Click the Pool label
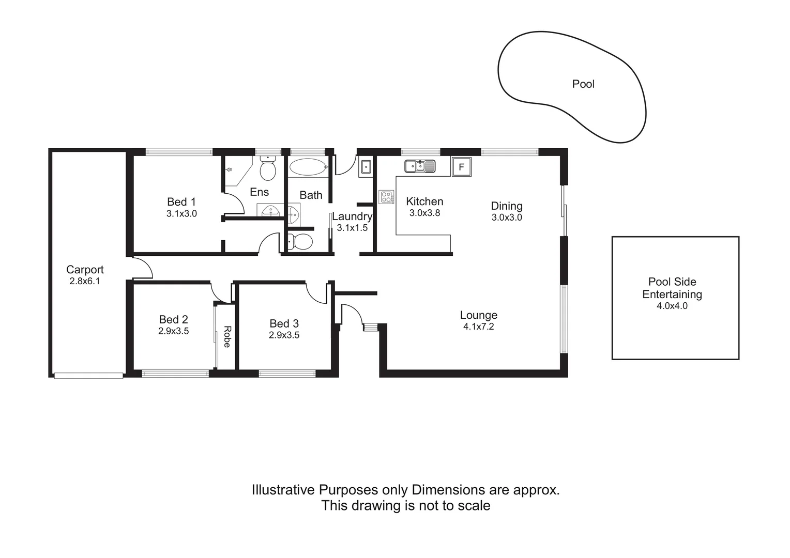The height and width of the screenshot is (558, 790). [583, 84]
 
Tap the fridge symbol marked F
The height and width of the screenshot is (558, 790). [462, 167]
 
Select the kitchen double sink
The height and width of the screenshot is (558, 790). [420, 166]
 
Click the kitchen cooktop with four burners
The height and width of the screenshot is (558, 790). [386, 197]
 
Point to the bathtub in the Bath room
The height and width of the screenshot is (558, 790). [308, 167]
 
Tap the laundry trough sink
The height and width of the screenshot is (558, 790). [366, 167]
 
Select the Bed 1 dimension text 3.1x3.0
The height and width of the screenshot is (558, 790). [181, 213]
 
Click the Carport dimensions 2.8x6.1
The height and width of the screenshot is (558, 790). [85, 281]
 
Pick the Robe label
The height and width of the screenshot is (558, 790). [226, 336]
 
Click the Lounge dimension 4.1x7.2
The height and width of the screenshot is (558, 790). [478, 327]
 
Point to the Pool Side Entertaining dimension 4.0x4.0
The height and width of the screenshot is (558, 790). [672, 306]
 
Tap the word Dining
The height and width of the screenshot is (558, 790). [507, 206]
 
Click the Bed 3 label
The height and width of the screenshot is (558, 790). [284, 324]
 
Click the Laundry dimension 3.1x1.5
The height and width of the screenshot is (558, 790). [352, 228]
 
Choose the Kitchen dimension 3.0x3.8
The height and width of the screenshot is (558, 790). [424, 213]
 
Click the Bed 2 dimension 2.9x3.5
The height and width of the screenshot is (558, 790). [173, 331]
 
